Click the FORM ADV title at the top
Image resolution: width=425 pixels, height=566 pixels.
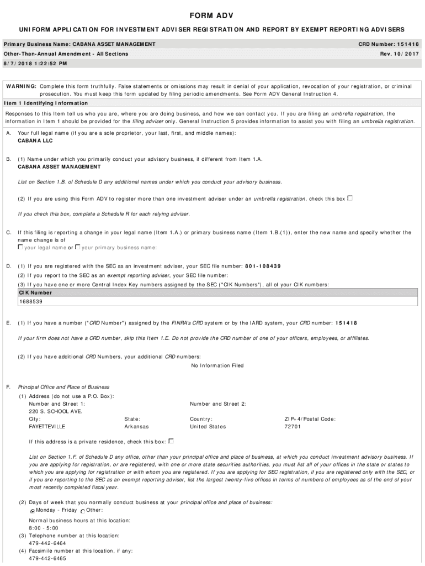pos(212,15)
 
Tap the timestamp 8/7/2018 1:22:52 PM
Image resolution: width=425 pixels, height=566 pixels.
pos(35,64)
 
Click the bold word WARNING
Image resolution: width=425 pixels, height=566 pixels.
pos(22,86)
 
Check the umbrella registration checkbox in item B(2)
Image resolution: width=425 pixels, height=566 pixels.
pos(350,198)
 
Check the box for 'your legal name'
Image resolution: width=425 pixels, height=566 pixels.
pos(20,247)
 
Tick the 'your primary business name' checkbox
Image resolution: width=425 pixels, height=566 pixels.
pos(78,247)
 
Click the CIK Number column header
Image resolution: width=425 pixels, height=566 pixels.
pos(35,293)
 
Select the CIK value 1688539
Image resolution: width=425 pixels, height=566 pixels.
pos(31,302)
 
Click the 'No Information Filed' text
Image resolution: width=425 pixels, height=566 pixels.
pos(217,365)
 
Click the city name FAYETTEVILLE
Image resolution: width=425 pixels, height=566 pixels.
pos(47,427)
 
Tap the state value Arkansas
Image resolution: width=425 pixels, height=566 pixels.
pos(136,427)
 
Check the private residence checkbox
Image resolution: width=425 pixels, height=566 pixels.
pos(171,441)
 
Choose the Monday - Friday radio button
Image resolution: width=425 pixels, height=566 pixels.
pos(33,511)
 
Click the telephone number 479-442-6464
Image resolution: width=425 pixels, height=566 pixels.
pos(47,543)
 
